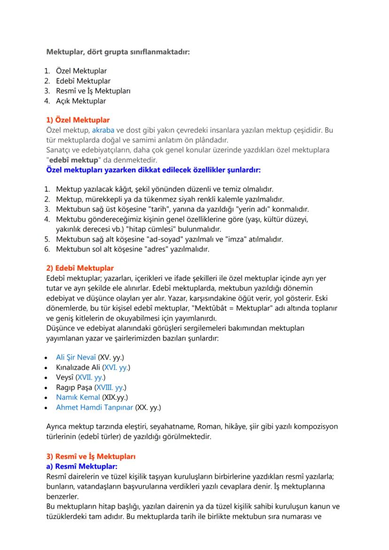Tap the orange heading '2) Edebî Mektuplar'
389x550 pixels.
click(x=80, y=268)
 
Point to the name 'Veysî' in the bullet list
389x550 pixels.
click(x=65, y=377)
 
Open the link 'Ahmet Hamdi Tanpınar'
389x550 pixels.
click(x=94, y=407)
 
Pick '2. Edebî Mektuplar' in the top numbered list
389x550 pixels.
click(x=83, y=81)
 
